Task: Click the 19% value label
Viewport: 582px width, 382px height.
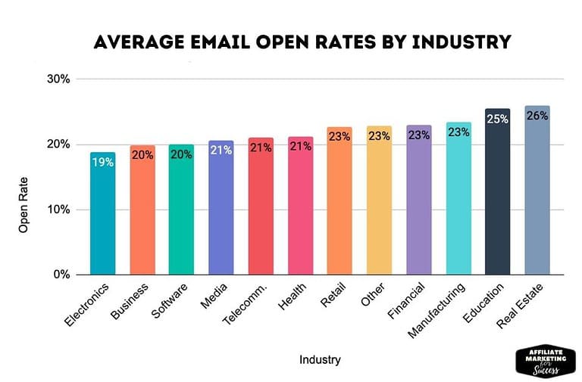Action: coord(102,161)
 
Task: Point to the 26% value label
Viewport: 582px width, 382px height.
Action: coord(537,116)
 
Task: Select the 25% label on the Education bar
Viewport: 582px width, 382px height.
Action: coord(497,120)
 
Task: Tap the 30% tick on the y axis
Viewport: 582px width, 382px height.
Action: coord(59,79)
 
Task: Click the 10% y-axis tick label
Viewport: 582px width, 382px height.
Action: coord(59,210)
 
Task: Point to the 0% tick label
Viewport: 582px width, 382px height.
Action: coord(62,275)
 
